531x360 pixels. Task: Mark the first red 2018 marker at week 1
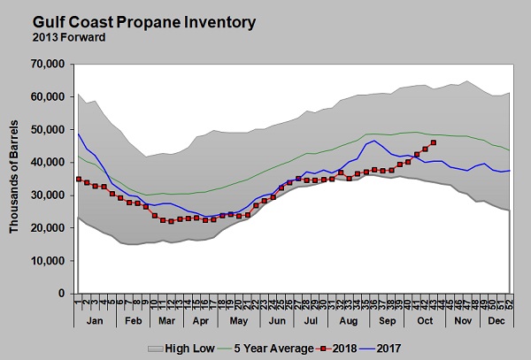pos(79,180)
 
